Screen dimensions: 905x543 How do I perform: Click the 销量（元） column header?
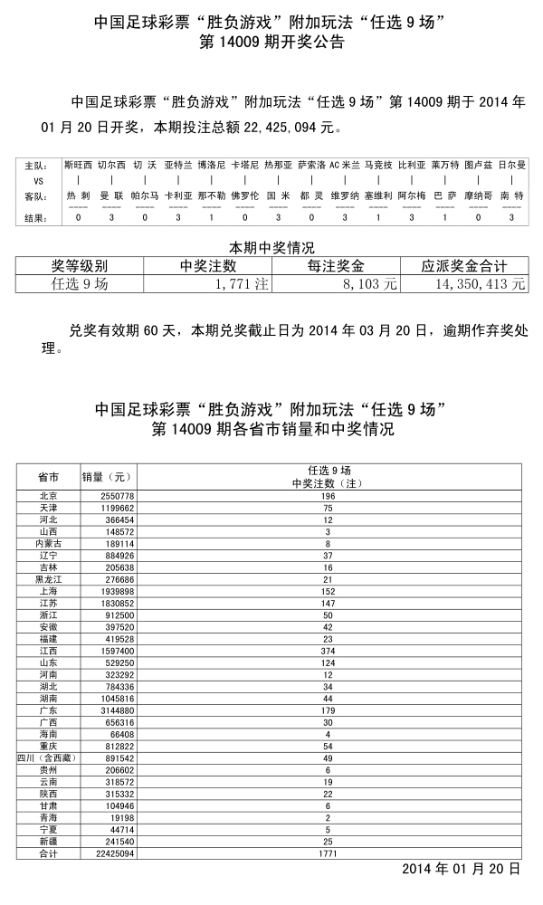pos(108,476)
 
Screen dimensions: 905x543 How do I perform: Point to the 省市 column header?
pos(49,476)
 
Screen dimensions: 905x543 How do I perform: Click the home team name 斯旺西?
pos(78,166)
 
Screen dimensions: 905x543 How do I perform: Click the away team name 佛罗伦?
pos(244,195)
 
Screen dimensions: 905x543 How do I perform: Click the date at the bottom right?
pos(461,868)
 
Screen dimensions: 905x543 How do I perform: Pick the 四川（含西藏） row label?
pos(48,757)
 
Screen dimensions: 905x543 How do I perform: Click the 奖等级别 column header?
pos(80,266)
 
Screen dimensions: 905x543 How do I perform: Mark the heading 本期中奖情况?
pos(271,247)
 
